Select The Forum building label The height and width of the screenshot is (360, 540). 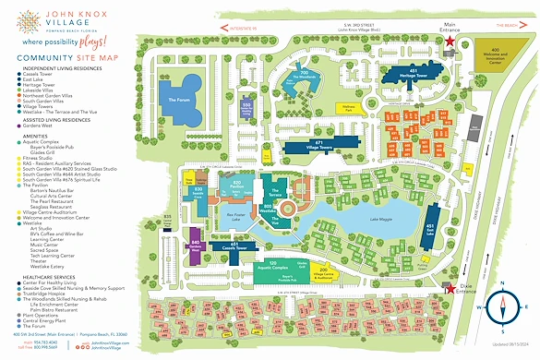[x=178, y=100]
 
